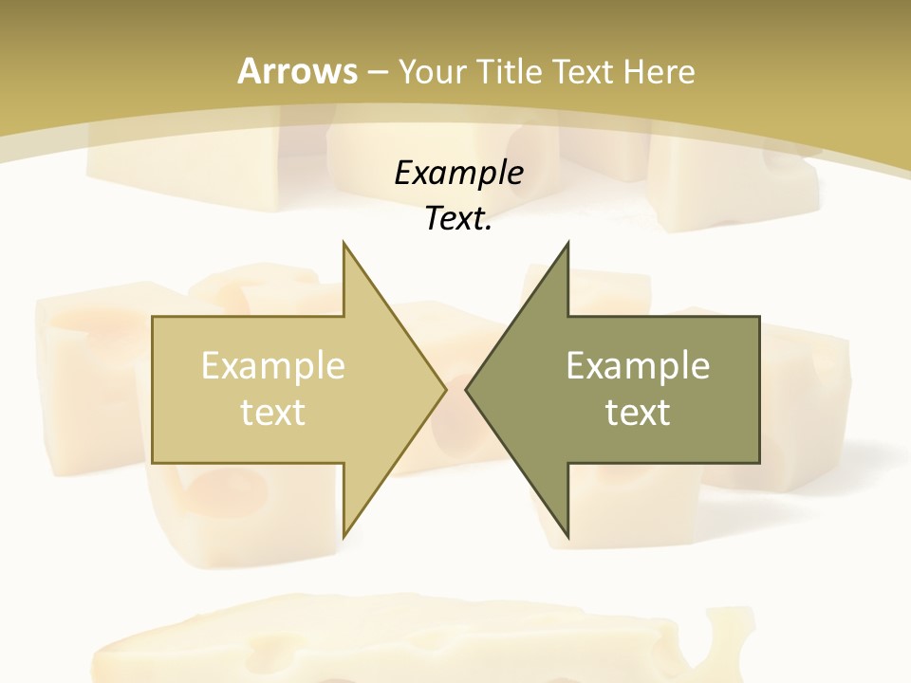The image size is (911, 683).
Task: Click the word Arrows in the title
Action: (298, 71)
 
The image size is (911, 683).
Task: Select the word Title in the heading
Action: (514, 71)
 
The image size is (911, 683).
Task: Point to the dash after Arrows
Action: (377, 72)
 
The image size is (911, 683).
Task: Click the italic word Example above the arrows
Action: (459, 173)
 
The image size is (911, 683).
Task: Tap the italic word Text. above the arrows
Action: (456, 219)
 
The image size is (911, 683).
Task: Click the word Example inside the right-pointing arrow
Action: (273, 366)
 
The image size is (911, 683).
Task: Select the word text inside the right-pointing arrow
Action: (273, 413)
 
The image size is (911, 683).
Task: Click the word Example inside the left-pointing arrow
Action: (638, 366)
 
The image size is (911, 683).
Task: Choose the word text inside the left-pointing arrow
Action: (638, 413)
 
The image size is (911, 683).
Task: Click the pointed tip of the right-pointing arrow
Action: (445, 389)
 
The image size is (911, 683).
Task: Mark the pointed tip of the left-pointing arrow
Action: (466, 389)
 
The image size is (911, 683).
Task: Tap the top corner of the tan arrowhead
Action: (344, 243)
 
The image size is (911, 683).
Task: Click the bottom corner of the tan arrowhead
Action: (344, 537)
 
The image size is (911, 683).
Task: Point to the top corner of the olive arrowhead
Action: (567, 243)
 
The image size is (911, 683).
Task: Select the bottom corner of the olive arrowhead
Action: (567, 537)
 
